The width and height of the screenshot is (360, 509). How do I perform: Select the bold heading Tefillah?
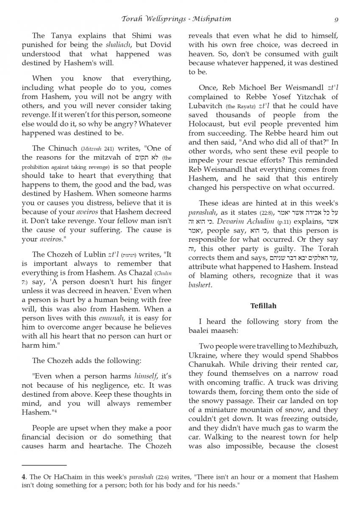(x=263, y=305)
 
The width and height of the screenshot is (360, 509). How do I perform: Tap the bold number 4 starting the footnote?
(x=23, y=477)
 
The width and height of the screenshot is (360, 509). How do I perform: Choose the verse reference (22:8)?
(x=267, y=213)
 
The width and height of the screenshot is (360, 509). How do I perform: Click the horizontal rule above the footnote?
(x=44, y=465)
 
